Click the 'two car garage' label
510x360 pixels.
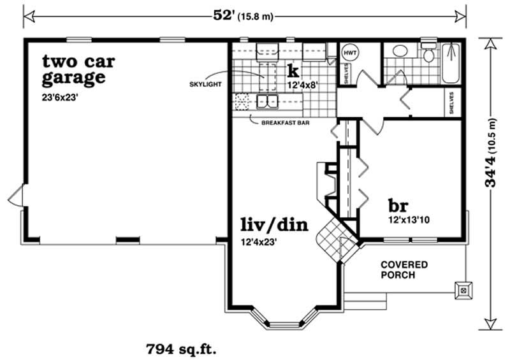pos(73,70)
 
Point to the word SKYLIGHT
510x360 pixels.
pos(204,84)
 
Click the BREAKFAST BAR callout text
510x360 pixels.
pos(286,123)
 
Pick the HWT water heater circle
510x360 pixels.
pos(349,52)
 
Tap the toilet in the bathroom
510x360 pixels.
pos(429,54)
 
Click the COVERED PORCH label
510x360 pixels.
pos(404,270)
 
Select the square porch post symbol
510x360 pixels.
pos(463,288)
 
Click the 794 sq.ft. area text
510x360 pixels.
pos(182,349)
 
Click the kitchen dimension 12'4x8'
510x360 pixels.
pos(302,83)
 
